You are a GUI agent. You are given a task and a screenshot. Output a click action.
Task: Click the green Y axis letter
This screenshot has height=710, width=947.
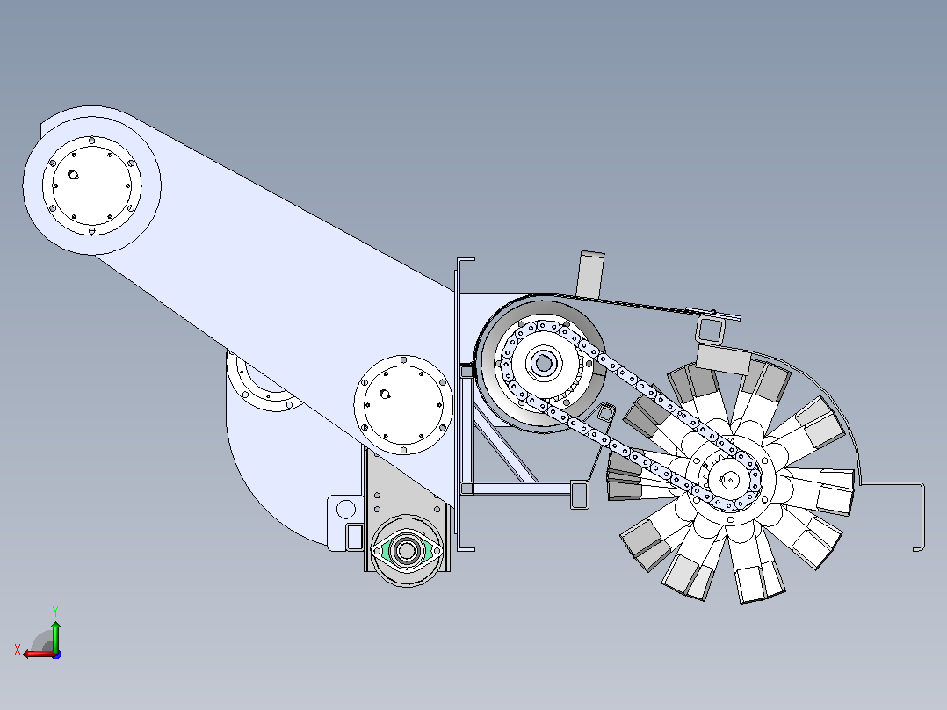click(55, 611)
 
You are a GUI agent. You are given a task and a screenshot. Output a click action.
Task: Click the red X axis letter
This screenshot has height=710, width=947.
click(18, 650)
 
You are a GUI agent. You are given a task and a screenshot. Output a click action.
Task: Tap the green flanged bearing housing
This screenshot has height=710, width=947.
click(407, 550)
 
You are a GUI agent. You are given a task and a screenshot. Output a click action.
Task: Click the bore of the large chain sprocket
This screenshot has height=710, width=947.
click(544, 364)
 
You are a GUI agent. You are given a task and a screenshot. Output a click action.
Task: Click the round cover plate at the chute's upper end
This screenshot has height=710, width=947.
click(91, 185)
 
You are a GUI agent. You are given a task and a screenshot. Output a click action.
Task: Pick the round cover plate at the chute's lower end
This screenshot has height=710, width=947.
click(403, 405)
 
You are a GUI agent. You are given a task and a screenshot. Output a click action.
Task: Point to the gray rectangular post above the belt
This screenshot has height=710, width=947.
click(590, 274)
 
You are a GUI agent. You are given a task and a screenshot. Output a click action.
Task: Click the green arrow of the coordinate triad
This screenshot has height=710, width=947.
click(55, 636)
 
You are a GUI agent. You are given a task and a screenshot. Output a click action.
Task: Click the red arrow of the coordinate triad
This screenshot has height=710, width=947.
click(40, 654)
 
